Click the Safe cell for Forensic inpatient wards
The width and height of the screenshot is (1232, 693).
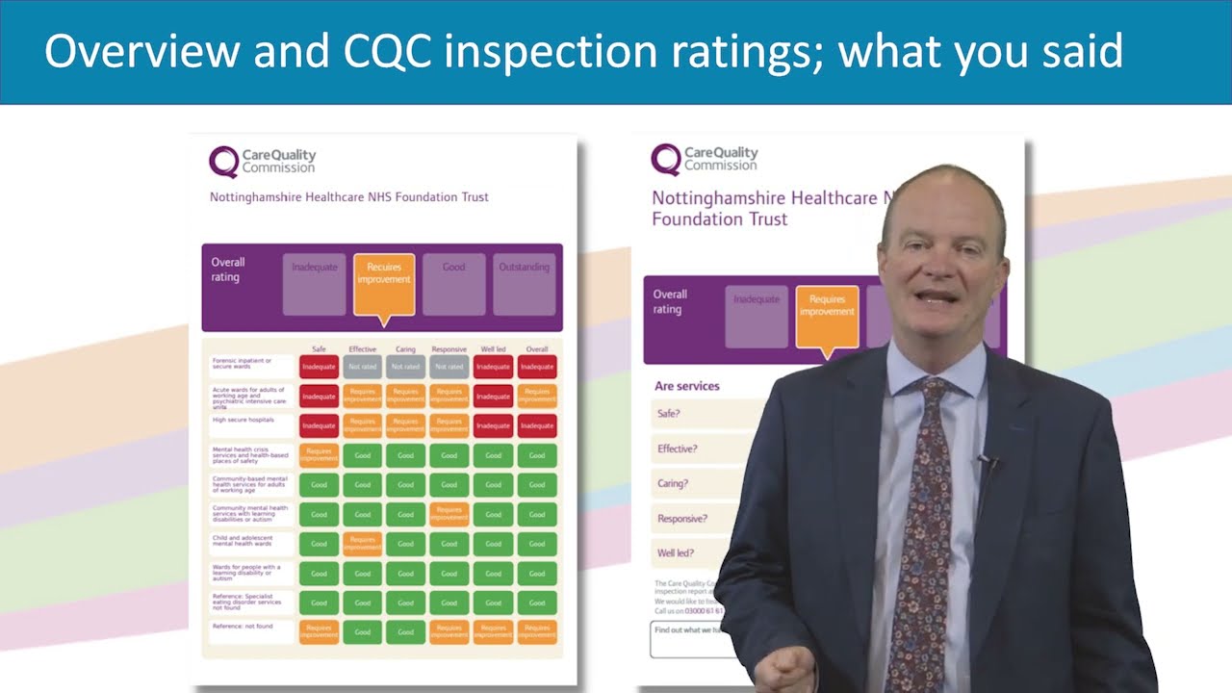click(319, 367)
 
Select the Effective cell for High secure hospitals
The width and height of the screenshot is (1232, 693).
click(362, 425)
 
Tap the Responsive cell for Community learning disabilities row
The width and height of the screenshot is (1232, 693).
click(449, 514)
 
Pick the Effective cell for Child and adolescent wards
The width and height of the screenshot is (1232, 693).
click(362, 544)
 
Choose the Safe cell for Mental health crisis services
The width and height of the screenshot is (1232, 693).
click(319, 455)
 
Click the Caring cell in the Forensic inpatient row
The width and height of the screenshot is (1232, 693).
click(406, 367)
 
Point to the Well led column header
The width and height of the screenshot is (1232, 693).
click(493, 349)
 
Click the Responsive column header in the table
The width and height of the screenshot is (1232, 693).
click(449, 349)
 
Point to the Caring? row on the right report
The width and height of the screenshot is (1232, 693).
click(673, 484)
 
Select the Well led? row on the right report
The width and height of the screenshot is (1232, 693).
click(676, 553)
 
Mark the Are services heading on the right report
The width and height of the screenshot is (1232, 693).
click(687, 386)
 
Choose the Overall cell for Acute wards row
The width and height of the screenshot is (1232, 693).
click(537, 396)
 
